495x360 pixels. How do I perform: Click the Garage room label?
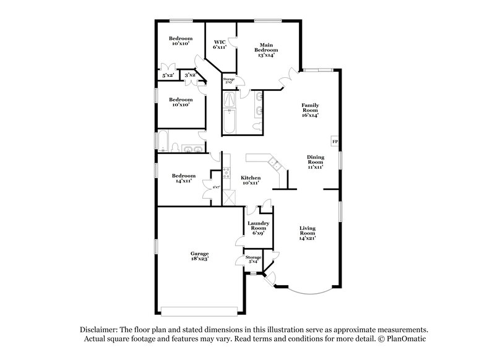[199, 253]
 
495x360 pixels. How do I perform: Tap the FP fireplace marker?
[335, 142]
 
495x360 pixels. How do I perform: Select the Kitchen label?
[251, 178]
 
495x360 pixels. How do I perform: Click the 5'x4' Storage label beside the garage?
[254, 259]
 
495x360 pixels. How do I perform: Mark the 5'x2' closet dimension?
[167, 75]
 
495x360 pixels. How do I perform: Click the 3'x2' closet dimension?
[190, 75]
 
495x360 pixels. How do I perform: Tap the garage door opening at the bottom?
[199, 309]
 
